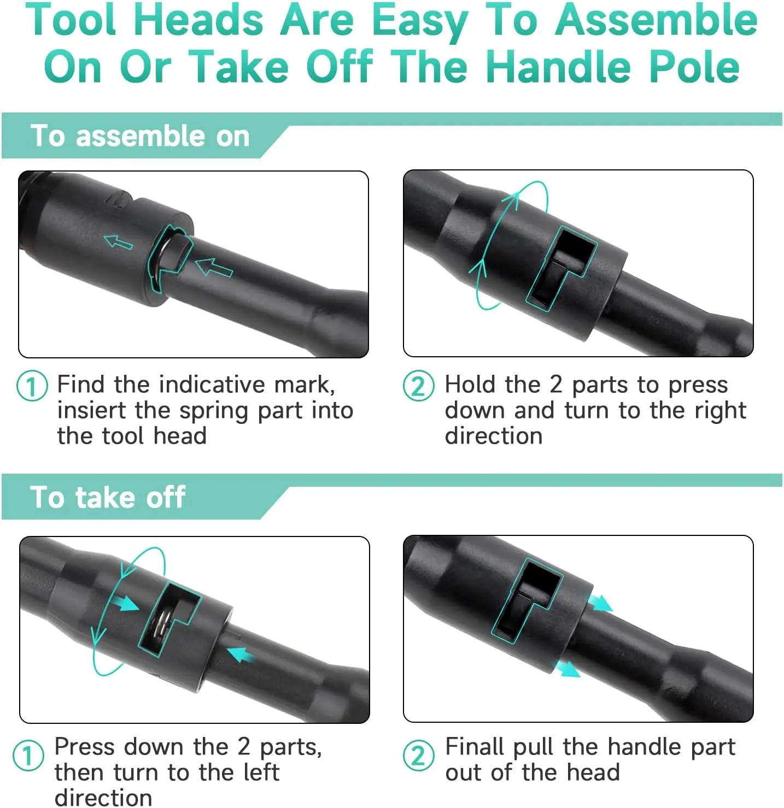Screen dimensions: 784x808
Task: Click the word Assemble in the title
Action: point(656,21)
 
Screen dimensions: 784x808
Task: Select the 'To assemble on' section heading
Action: point(140,136)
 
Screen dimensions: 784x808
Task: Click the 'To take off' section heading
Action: point(108,497)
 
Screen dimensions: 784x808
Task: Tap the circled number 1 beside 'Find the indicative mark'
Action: point(32,386)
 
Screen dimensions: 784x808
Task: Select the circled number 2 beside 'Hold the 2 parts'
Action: point(418,386)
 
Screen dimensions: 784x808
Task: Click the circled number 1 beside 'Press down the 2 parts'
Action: point(28,755)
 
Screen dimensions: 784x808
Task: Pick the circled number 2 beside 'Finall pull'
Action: point(418,755)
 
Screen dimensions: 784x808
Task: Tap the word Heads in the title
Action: point(198,21)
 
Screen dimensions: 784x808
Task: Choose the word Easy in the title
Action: point(420,23)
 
